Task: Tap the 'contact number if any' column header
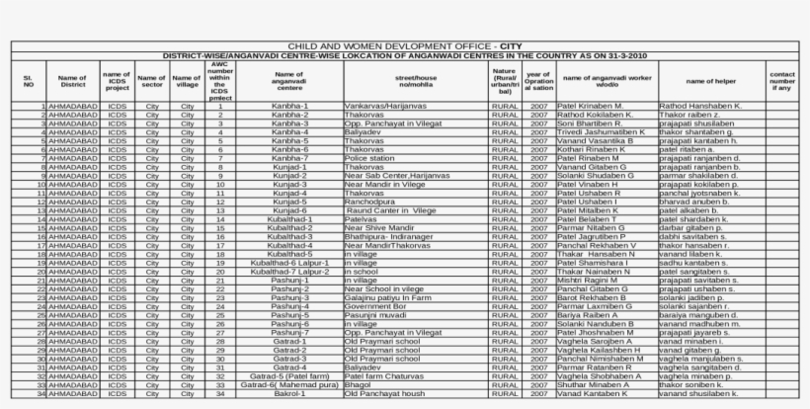pyautogui.click(x=782, y=80)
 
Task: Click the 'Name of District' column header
pyautogui.click(x=72, y=80)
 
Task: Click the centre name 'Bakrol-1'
pyautogui.click(x=289, y=393)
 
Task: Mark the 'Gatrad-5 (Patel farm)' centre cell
pyautogui.click(x=289, y=375)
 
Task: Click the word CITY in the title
pyautogui.click(x=512, y=46)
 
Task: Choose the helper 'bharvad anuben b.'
pyautogui.click(x=696, y=202)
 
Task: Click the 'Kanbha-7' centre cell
pyautogui.click(x=289, y=158)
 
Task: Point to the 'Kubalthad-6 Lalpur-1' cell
pyautogui.click(x=289, y=263)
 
